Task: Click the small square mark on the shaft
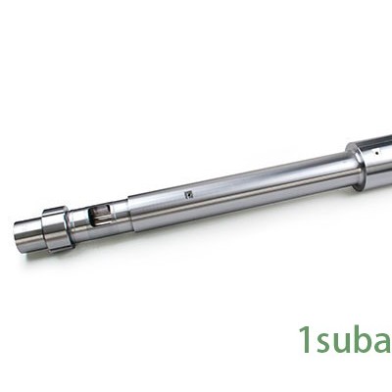(189, 195)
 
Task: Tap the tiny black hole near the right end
(377, 153)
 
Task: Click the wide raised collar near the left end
(55, 229)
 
